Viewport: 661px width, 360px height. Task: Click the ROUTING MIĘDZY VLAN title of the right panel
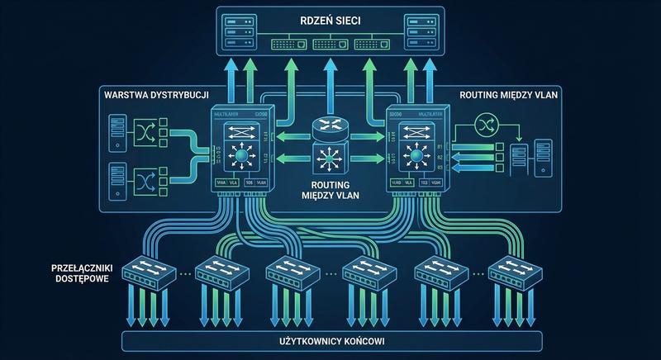click(510, 96)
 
